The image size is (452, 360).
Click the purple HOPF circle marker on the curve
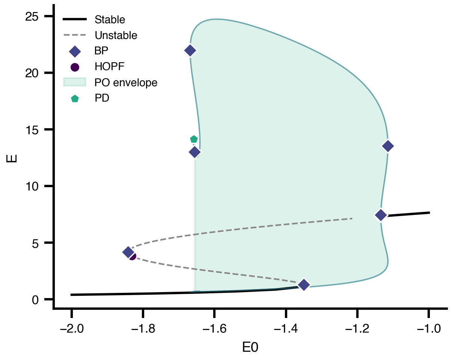pos(132,256)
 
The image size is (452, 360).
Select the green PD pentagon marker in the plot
pos(194,139)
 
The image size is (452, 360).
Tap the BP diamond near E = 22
pos(190,50)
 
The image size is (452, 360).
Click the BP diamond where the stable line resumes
pos(381,215)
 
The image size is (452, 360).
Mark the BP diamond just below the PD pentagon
pos(194,152)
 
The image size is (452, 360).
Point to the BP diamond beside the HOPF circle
pos(128,252)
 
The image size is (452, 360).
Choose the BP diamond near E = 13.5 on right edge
pos(388,146)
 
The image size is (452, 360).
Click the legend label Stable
pos(110,19)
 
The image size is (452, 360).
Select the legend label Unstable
pos(116,36)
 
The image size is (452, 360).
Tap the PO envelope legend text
pos(126,82)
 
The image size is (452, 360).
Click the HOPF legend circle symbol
pos(75,67)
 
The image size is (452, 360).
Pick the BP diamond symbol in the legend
pos(75,51)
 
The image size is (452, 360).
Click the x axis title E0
pos(250,347)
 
